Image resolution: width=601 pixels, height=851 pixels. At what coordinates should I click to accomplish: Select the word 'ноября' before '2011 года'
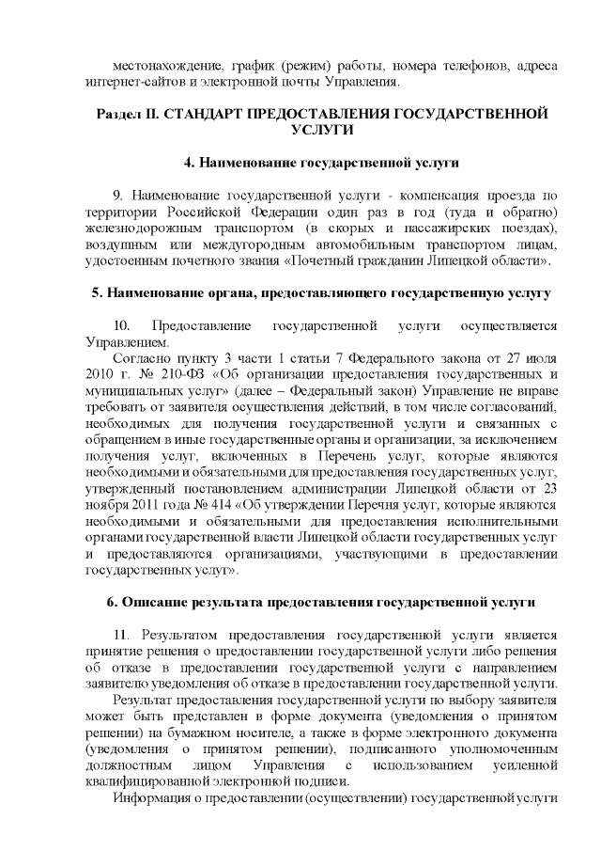[x=104, y=504]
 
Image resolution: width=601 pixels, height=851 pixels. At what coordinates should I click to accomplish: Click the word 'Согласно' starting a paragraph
[x=137, y=358]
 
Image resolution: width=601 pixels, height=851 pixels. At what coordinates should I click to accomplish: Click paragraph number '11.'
[x=122, y=633]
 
